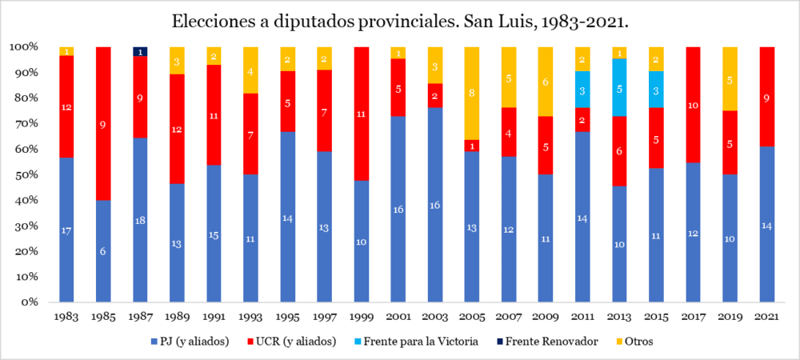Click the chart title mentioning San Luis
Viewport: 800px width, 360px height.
pos(400,22)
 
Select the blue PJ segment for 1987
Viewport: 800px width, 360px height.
pos(141,220)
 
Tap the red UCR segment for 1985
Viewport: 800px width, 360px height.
pos(104,123)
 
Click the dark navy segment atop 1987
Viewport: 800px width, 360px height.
pos(141,52)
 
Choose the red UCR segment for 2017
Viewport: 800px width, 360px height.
pos(693,105)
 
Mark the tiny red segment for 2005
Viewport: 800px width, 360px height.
pos(472,146)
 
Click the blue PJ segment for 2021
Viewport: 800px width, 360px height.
pos(766,225)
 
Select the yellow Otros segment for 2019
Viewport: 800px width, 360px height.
pos(730,78)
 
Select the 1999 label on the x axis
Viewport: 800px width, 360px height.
pos(362,315)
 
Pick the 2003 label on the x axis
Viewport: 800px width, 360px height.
pos(435,315)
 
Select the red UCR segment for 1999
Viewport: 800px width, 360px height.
pos(362,114)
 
